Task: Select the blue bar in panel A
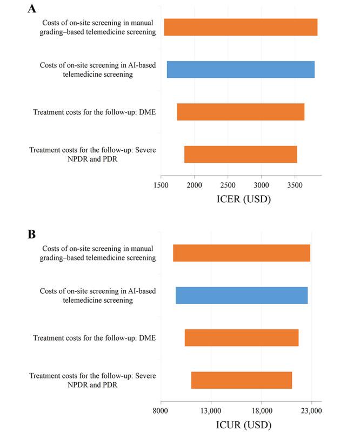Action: (x=241, y=69)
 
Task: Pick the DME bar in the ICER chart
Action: (x=241, y=112)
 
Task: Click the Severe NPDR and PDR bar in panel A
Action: (x=241, y=154)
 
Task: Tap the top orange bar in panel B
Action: (x=241, y=253)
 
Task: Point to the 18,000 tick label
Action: (x=261, y=411)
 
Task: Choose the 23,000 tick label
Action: (x=311, y=411)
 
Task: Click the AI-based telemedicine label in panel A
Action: (x=98, y=69)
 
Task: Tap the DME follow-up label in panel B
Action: (x=94, y=338)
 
